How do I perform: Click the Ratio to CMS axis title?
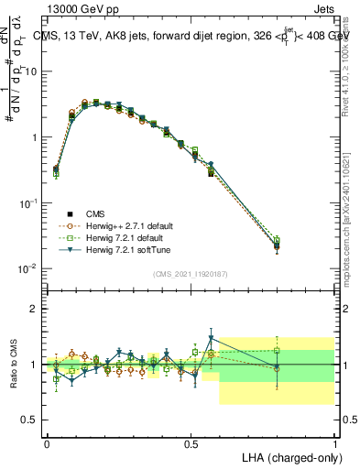pos(13,364)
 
